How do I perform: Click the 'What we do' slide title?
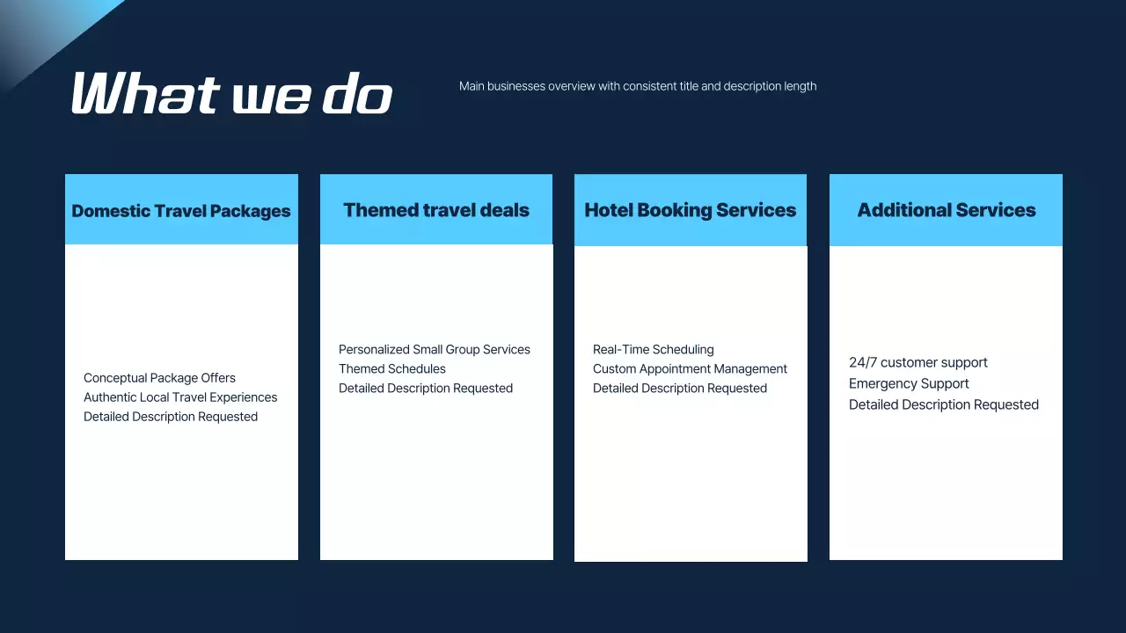(231, 93)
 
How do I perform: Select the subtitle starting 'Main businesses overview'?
(637, 86)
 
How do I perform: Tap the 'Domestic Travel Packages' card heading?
(181, 211)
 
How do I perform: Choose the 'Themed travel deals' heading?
(436, 210)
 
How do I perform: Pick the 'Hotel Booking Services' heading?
(690, 210)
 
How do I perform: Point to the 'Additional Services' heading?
(946, 210)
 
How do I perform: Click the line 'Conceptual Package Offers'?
(159, 378)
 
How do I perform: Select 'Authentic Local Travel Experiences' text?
(180, 397)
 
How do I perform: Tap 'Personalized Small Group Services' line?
(435, 350)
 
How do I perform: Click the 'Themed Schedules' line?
(392, 369)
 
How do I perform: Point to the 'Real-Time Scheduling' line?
(654, 350)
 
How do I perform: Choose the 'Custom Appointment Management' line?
(690, 369)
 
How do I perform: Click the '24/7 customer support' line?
(918, 363)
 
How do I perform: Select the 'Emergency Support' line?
(909, 384)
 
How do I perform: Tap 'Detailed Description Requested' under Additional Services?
(943, 405)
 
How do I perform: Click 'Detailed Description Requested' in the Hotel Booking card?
(680, 389)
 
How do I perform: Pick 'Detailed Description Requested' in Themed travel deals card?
(426, 389)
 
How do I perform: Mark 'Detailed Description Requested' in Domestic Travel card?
(171, 417)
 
